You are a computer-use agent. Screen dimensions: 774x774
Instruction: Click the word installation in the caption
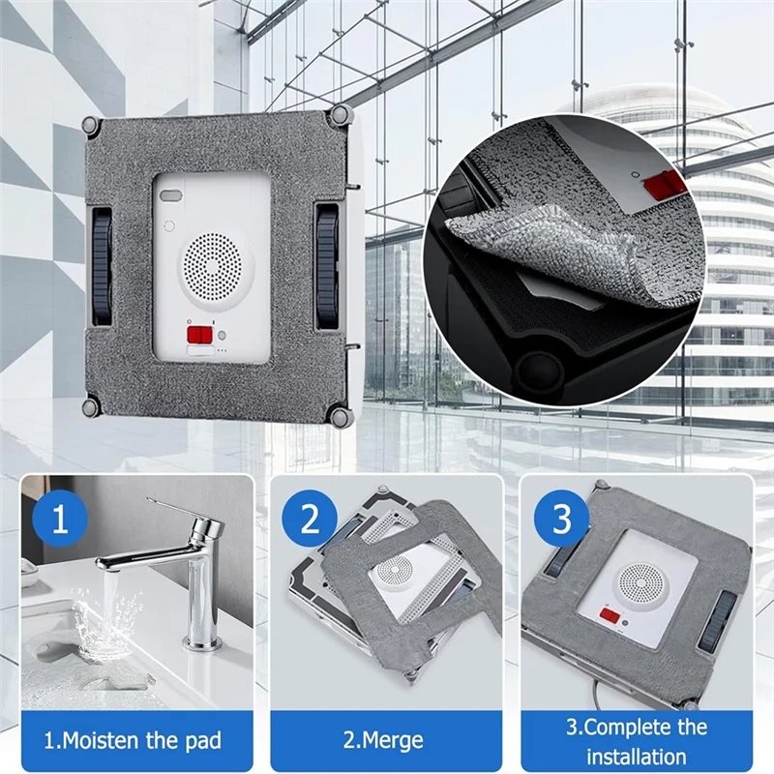637,756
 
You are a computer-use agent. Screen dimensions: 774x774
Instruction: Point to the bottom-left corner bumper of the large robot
89,406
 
